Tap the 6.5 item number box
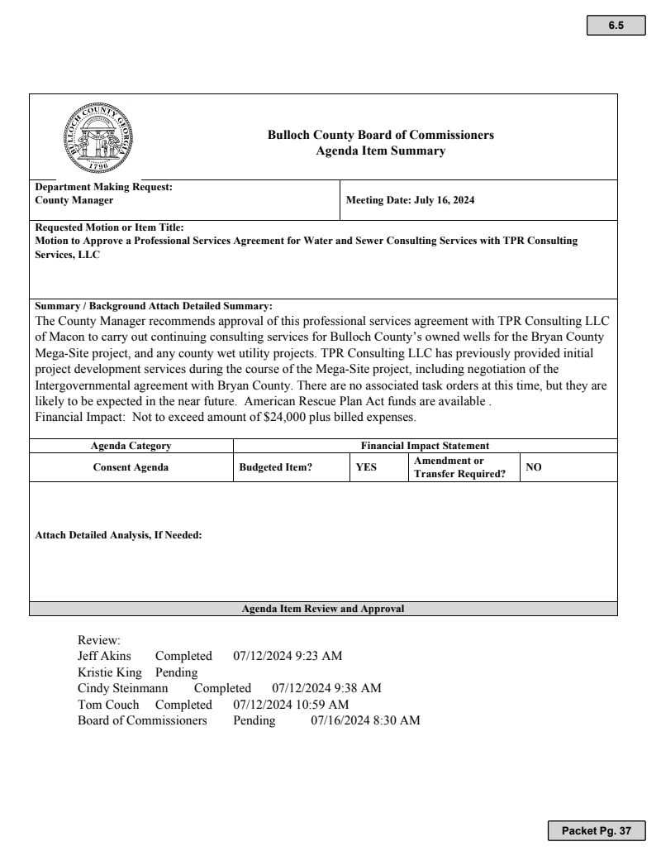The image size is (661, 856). pos(616,26)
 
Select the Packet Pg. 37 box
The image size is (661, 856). pos(596,830)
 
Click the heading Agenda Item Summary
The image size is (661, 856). pos(381,151)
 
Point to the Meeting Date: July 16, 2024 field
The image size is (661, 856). pos(410,200)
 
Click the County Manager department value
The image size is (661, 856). pos(74,200)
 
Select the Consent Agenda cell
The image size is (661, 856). pos(130,467)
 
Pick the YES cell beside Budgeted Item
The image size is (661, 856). pos(366,467)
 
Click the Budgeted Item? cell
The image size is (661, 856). pos(275,467)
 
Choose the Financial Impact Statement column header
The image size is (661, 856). pos(425,446)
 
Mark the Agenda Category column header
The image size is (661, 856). pos(131,446)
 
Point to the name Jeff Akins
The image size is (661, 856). pos(104,657)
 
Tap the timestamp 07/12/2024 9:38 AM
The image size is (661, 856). pos(326,688)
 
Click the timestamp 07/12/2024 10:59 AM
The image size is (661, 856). pos(291,704)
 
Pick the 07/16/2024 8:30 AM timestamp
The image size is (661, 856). pos(365,720)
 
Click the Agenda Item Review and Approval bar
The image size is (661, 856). pos(323,609)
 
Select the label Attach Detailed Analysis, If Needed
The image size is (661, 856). pos(118,534)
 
